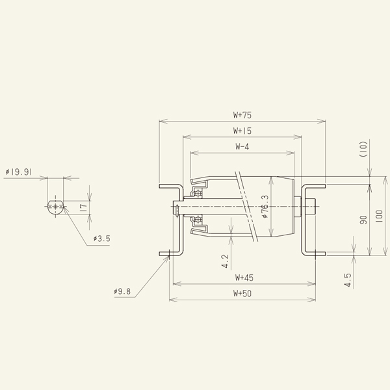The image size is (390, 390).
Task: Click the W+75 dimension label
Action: click(242, 114)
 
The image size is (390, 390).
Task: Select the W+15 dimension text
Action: click(242, 131)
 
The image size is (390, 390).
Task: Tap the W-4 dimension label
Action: click(242, 147)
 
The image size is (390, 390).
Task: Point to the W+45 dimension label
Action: click(242, 278)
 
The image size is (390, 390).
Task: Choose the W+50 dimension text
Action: click(242, 294)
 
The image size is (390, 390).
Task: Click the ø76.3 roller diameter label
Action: click(265, 207)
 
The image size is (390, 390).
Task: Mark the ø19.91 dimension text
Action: click(19, 172)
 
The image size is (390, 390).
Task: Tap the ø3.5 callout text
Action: click(101, 239)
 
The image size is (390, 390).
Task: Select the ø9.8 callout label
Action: click(122, 292)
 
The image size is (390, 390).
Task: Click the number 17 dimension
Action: click(83, 208)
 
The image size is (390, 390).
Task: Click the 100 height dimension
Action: click(380, 214)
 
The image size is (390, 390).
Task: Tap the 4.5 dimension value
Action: click(348, 279)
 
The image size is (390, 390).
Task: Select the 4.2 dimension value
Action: click(225, 261)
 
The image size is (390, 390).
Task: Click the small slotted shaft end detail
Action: click(55, 208)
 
